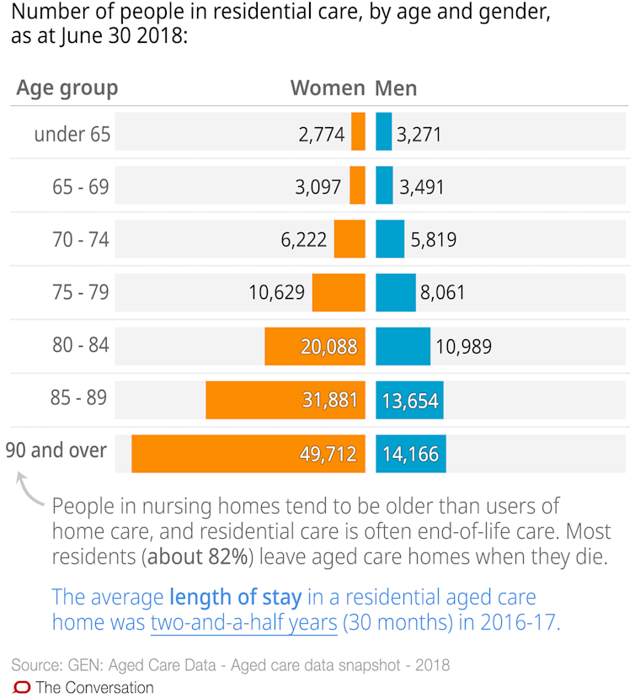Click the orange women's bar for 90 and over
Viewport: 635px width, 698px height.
[x=248, y=454]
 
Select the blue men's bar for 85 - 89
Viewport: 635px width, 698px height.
[x=409, y=401]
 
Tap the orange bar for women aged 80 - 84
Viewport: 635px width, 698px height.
[x=315, y=346]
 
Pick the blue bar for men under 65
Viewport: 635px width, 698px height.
[x=383, y=133]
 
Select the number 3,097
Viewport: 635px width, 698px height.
[x=319, y=187]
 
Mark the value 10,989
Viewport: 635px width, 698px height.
[x=462, y=346]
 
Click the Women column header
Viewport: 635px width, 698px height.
[x=328, y=88]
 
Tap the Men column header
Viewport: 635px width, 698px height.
[x=396, y=88]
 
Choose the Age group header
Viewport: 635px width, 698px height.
[x=67, y=88]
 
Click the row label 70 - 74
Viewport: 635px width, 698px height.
[x=81, y=240]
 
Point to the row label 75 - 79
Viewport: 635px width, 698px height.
[x=81, y=293]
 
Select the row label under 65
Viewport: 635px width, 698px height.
[x=72, y=133]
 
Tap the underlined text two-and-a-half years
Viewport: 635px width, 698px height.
[x=244, y=623]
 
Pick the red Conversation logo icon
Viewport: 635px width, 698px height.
[x=22, y=686]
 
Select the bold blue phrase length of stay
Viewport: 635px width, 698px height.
[x=235, y=598]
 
